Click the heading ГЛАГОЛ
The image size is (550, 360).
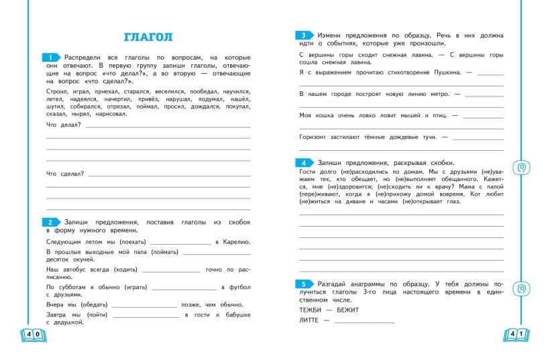point(148,37)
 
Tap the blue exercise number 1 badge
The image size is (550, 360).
point(50,58)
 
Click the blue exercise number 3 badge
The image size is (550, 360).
point(304,35)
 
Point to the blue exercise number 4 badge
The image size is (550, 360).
point(304,162)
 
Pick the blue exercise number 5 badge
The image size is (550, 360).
point(304,284)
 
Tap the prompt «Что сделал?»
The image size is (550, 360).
point(65,174)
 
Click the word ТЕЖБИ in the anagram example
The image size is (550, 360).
point(311,310)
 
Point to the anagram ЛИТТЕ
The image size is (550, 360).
point(309,320)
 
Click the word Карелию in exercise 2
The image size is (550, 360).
point(236,241)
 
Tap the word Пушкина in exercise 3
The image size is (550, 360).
point(443,72)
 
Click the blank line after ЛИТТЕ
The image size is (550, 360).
point(364,322)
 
